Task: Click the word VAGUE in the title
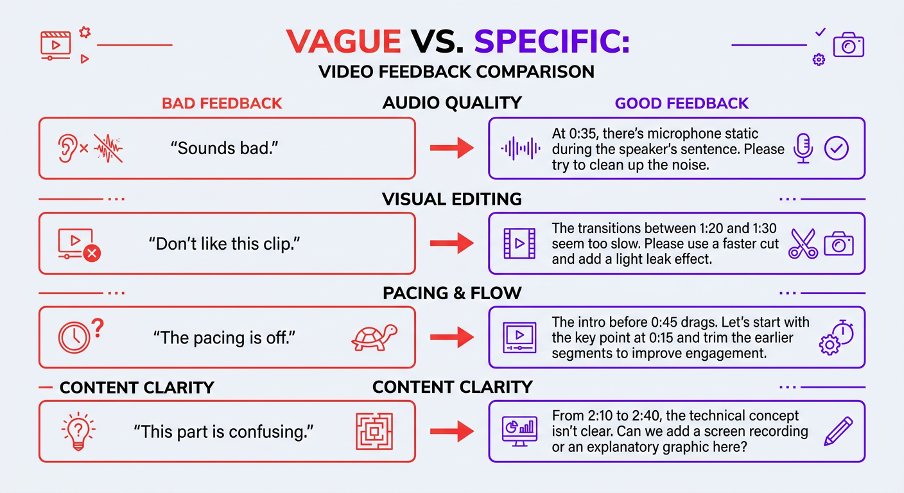[x=343, y=41]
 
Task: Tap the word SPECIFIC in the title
[x=552, y=41]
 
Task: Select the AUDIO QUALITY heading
[x=451, y=103]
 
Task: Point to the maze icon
[x=374, y=431]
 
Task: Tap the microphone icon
[x=803, y=148]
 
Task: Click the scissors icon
[x=803, y=244]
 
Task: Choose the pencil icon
[x=838, y=431]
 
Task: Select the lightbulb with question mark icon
[x=78, y=429]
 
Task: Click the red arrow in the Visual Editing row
[x=452, y=243]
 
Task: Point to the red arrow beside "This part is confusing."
[x=452, y=431]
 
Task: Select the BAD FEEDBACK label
[x=222, y=103]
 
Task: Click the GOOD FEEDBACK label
[x=682, y=103]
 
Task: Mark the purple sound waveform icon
[x=520, y=148]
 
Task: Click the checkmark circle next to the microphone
[x=836, y=148]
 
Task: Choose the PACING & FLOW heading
[x=452, y=293]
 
